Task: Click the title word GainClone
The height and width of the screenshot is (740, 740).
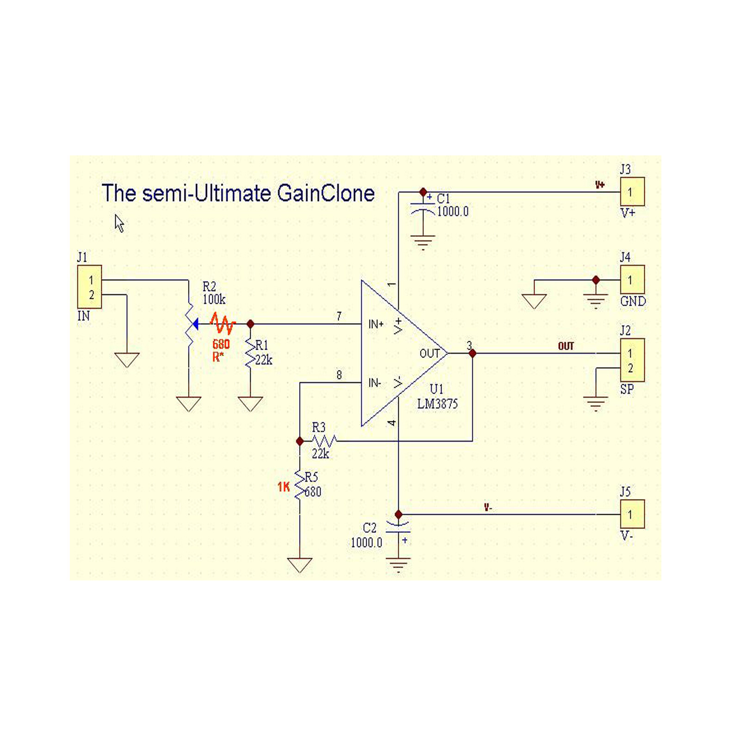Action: (x=326, y=193)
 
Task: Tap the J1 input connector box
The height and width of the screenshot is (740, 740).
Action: (x=90, y=287)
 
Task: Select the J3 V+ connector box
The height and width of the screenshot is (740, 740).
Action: (x=632, y=191)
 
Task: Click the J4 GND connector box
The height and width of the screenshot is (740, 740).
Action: (x=632, y=279)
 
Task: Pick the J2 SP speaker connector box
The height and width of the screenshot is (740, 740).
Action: (x=632, y=360)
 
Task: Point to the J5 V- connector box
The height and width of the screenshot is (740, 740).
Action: (x=632, y=514)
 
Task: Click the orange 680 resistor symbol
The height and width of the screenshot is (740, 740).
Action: (x=223, y=324)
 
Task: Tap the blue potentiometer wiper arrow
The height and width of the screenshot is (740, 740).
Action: (x=195, y=324)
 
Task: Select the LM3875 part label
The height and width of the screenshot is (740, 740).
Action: (x=437, y=404)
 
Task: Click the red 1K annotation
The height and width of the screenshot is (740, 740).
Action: (x=284, y=487)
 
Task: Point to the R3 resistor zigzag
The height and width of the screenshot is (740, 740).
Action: (x=324, y=440)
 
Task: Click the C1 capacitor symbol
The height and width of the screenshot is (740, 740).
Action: (x=423, y=208)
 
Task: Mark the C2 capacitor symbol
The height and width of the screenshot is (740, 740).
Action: (x=398, y=527)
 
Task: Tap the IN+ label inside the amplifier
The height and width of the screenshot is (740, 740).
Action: (x=376, y=324)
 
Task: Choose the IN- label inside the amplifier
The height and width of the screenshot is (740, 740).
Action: (x=375, y=383)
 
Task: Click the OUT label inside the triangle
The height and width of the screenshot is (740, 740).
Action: (x=429, y=353)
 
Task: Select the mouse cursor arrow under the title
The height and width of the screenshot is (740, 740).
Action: (x=119, y=223)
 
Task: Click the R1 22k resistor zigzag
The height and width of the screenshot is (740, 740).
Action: (x=250, y=354)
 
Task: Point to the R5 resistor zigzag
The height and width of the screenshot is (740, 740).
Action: (x=300, y=485)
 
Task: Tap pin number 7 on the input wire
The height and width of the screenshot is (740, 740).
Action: (x=339, y=316)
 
